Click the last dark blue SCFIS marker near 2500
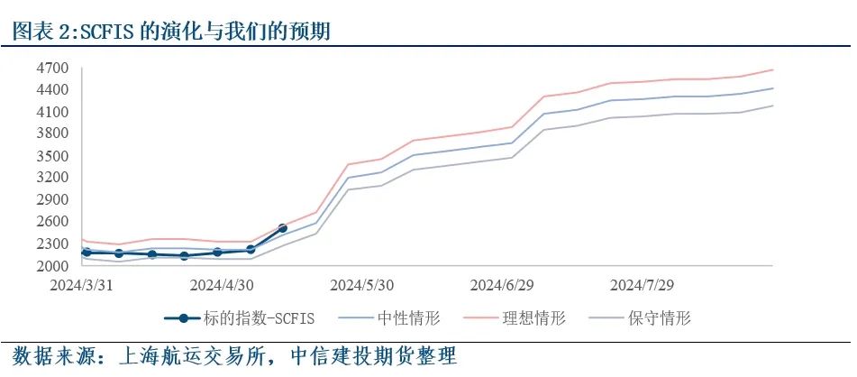(x=283, y=228)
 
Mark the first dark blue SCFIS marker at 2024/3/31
(x=86, y=253)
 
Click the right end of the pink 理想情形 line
(x=773, y=69)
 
